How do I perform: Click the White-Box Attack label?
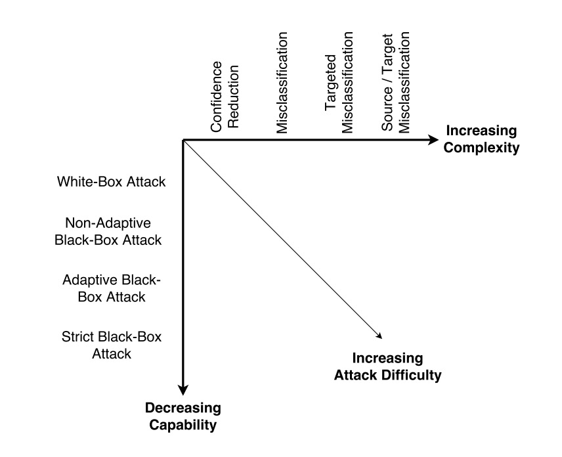(x=111, y=182)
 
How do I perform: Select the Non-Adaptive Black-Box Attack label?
(x=107, y=231)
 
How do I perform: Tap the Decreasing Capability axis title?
(x=183, y=416)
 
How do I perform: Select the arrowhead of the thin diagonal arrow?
(x=379, y=336)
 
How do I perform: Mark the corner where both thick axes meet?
(x=183, y=140)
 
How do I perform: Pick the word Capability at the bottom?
(x=183, y=425)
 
